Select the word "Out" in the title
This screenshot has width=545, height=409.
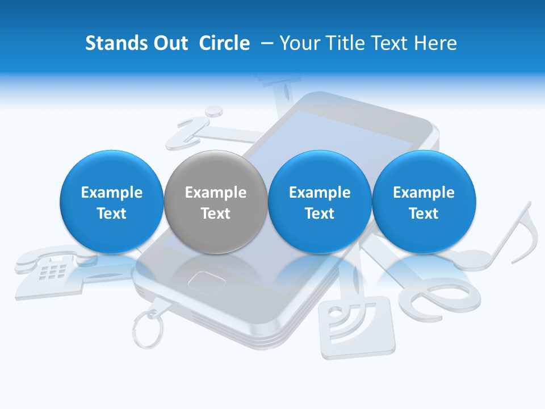tap(169, 43)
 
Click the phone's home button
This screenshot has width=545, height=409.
tap(203, 280)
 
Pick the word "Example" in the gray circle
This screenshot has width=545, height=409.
tap(215, 193)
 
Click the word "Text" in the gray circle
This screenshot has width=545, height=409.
tap(215, 214)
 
